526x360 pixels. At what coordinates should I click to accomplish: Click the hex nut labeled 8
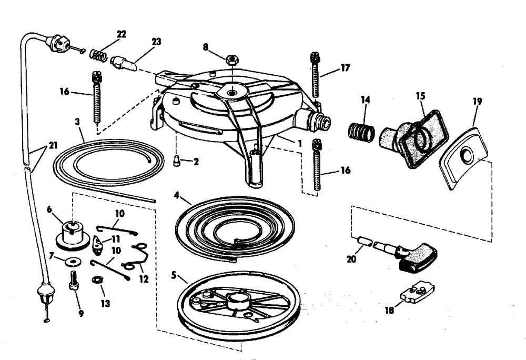[x=231, y=59]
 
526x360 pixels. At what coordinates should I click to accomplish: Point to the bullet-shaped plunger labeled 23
[x=124, y=64]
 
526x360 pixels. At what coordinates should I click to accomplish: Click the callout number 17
[x=345, y=68]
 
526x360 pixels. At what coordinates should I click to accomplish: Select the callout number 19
[x=477, y=101]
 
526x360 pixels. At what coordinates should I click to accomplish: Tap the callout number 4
[x=176, y=199]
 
